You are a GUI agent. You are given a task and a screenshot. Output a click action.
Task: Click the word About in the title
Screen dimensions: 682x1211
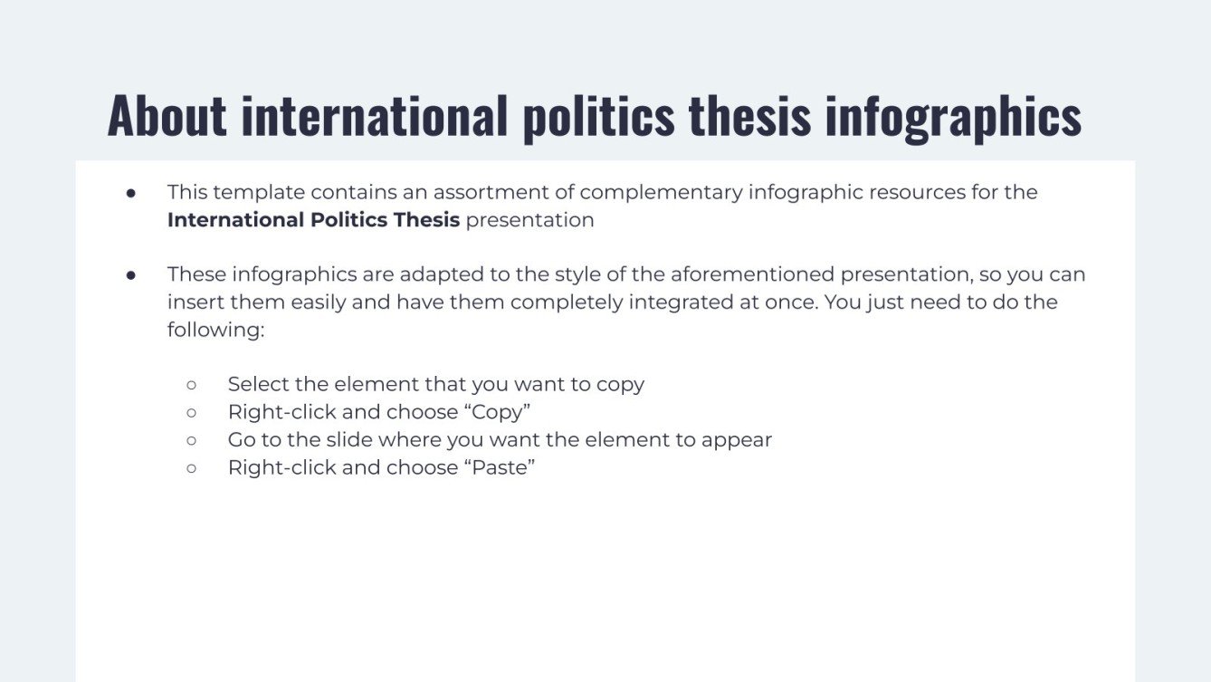[x=167, y=116]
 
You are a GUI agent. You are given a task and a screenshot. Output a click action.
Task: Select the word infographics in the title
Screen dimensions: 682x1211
[x=953, y=116]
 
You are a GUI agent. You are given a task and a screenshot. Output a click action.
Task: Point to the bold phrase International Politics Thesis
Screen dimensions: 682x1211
[x=313, y=220]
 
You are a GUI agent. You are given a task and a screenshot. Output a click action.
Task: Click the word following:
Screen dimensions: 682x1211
[x=215, y=330]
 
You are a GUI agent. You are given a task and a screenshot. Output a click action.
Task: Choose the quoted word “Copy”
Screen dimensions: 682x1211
[x=497, y=412]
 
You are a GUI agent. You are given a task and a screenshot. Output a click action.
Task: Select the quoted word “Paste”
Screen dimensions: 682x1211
[x=500, y=467]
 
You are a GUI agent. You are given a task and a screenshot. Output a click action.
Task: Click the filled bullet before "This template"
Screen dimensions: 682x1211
[x=130, y=192]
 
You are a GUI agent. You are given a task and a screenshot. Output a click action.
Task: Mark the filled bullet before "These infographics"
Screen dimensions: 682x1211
[x=130, y=274]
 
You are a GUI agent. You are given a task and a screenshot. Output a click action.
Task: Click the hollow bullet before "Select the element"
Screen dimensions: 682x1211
[x=191, y=384]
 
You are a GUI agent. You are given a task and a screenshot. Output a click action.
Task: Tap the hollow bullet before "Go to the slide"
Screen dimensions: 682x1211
[x=191, y=440]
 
